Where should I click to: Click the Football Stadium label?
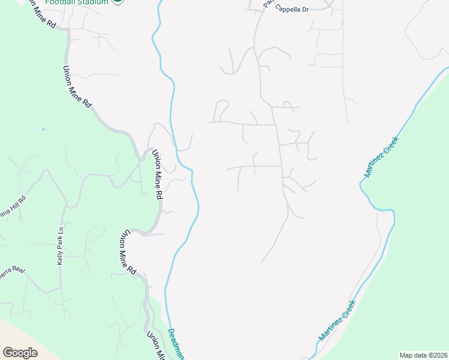pyautogui.click(x=76, y=2)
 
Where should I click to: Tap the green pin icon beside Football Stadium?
pyautogui.click(x=118, y=1)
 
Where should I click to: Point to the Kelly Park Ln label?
pyautogui.click(x=60, y=247)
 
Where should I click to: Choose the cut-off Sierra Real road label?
pyautogui.click(x=11, y=272)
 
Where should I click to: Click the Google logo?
pyautogui.click(x=20, y=353)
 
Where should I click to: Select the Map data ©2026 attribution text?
pyautogui.click(x=423, y=355)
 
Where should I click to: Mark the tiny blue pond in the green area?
pyautogui.click(x=43, y=128)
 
